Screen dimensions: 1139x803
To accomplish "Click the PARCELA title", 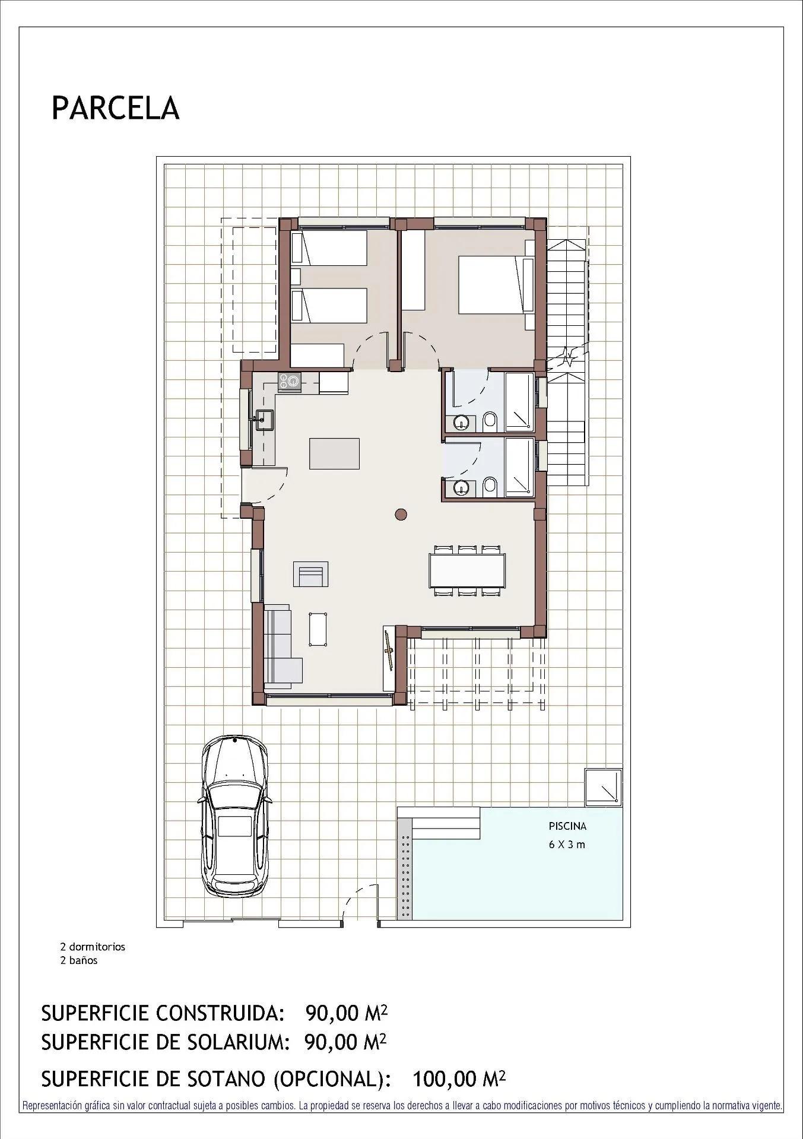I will [x=116, y=108].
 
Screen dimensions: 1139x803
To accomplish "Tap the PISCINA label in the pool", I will [x=567, y=826].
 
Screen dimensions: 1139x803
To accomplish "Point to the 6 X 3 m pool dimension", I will [x=567, y=844].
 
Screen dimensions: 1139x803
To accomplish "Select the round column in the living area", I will [x=401, y=515].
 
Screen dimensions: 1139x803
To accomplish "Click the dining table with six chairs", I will [x=468, y=570].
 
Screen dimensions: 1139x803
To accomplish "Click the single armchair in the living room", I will [x=311, y=575].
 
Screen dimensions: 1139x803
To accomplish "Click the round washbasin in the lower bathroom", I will [x=461, y=488].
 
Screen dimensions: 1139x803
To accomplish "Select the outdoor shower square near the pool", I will [x=603, y=788].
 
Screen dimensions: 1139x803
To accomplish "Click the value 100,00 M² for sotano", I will [x=458, y=1078].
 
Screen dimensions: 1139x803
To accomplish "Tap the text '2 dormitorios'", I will [x=93, y=947].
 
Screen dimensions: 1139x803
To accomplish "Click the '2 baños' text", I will [x=78, y=960].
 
